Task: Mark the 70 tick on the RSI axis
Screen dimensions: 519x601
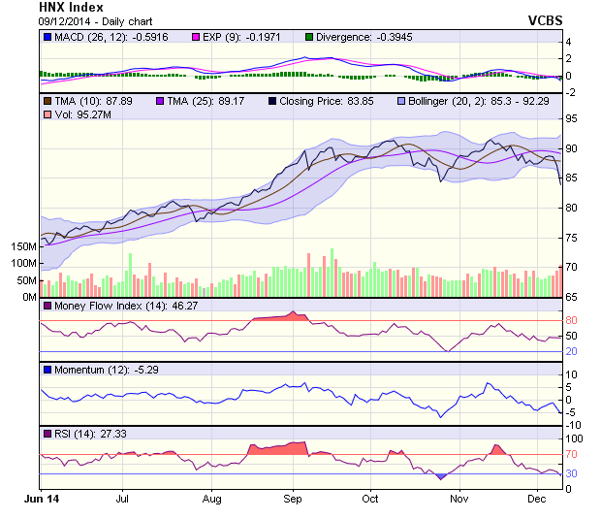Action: pyautogui.click(x=572, y=454)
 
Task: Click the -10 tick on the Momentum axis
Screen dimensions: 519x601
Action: pyautogui.click(x=574, y=425)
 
